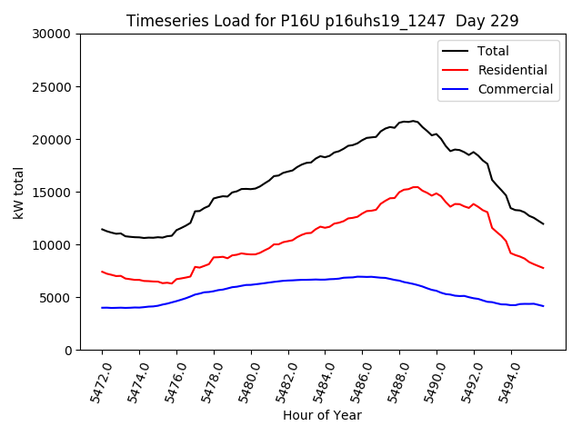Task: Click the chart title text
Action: (x=323, y=21)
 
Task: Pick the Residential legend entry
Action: (x=512, y=70)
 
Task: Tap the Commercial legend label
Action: (x=515, y=89)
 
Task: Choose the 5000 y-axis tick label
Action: (x=55, y=298)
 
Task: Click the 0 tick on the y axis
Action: (x=67, y=351)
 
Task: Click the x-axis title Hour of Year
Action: (x=322, y=415)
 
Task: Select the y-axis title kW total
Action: (x=18, y=192)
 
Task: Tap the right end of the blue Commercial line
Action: (x=544, y=306)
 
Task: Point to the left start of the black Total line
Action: (x=102, y=229)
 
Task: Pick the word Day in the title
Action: (x=479, y=21)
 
